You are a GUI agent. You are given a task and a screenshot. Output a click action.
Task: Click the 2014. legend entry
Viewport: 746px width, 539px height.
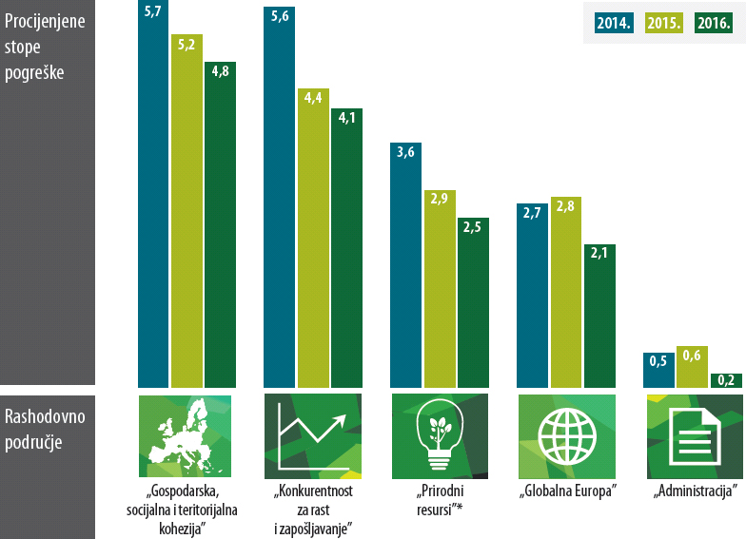click(x=614, y=24)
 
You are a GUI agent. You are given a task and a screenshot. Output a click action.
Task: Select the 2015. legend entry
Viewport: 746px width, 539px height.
click(x=663, y=24)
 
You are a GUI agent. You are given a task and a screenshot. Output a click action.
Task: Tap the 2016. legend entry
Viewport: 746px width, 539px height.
click(x=713, y=24)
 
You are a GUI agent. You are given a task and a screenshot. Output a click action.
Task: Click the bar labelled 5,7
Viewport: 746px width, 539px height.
click(x=153, y=200)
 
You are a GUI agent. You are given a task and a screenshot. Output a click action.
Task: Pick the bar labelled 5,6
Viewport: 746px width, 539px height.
click(x=280, y=200)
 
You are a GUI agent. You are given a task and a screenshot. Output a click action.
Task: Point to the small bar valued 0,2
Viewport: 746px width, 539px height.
click(x=726, y=381)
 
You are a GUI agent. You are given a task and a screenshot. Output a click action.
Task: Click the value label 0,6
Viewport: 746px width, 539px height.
click(x=692, y=356)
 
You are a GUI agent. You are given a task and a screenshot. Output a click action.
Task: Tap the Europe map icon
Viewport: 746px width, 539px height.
click(x=185, y=435)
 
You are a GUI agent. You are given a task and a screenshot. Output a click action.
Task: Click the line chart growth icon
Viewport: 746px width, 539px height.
click(x=311, y=435)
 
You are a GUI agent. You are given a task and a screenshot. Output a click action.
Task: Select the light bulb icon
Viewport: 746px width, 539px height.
click(x=440, y=435)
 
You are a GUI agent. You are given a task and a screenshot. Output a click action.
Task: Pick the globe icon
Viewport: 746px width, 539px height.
click(x=565, y=435)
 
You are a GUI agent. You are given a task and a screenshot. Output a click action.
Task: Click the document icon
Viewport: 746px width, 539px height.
click(x=693, y=435)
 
